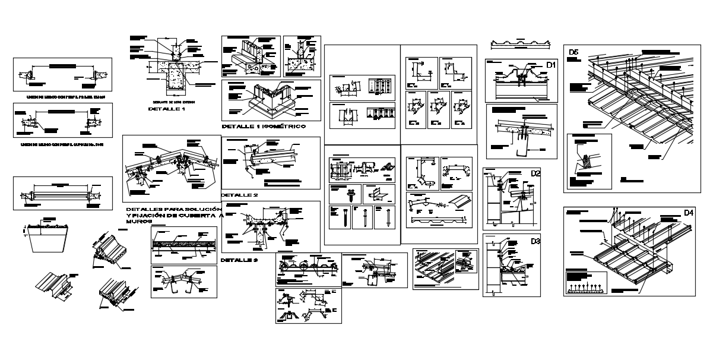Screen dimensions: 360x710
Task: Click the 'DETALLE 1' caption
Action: pyautogui.click(x=167, y=109)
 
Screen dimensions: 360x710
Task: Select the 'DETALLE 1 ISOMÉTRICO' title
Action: pyautogui.click(x=263, y=127)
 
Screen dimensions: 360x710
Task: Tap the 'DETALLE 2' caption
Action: pyautogui.click(x=239, y=195)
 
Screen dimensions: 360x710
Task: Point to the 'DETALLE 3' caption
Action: pyautogui.click(x=239, y=260)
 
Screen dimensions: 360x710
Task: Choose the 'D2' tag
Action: pyautogui.click(x=535, y=173)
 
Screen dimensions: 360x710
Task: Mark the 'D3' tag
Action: pyautogui.click(x=535, y=241)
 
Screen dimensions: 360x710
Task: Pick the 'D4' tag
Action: pyautogui.click(x=689, y=213)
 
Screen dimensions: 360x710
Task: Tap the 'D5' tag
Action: pyautogui.click(x=573, y=52)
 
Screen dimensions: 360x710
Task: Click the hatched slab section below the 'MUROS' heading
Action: pyautogui.click(x=184, y=244)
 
